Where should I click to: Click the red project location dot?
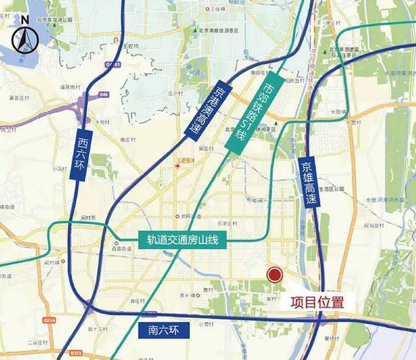[x=274, y=274]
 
